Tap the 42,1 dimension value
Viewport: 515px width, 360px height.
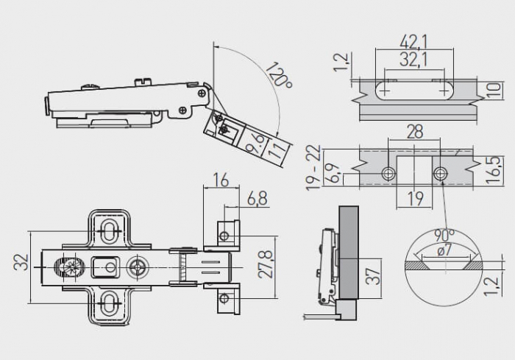[413, 42]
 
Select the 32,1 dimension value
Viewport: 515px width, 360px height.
[413, 60]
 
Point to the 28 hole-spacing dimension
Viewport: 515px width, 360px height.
[414, 132]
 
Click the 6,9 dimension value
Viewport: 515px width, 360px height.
[331, 174]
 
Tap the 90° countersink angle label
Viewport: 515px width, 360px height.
[444, 236]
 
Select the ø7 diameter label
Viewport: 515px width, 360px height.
[444, 251]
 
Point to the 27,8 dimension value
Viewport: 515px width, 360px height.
[266, 264]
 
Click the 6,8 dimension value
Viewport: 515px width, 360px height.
[257, 199]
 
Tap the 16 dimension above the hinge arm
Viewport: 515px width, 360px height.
[221, 180]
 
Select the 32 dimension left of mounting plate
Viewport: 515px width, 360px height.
[21, 262]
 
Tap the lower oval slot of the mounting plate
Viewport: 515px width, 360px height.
[108, 301]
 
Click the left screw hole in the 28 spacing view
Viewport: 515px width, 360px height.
[388, 174]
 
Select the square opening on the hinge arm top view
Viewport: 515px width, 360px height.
[104, 267]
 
